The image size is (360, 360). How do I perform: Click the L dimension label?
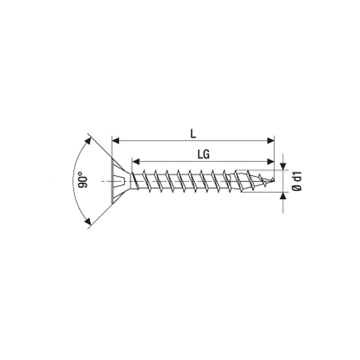[x=193, y=134]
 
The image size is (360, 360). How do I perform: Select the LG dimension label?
[x=203, y=154]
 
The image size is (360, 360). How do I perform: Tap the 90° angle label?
[x=83, y=179]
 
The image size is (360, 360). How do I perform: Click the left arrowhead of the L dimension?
[x=116, y=141]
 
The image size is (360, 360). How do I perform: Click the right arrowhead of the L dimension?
[x=271, y=141]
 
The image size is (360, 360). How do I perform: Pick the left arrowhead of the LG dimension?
[x=136, y=162]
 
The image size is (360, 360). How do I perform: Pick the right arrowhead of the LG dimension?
[x=271, y=162]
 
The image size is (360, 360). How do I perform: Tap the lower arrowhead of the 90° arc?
[x=88, y=221]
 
